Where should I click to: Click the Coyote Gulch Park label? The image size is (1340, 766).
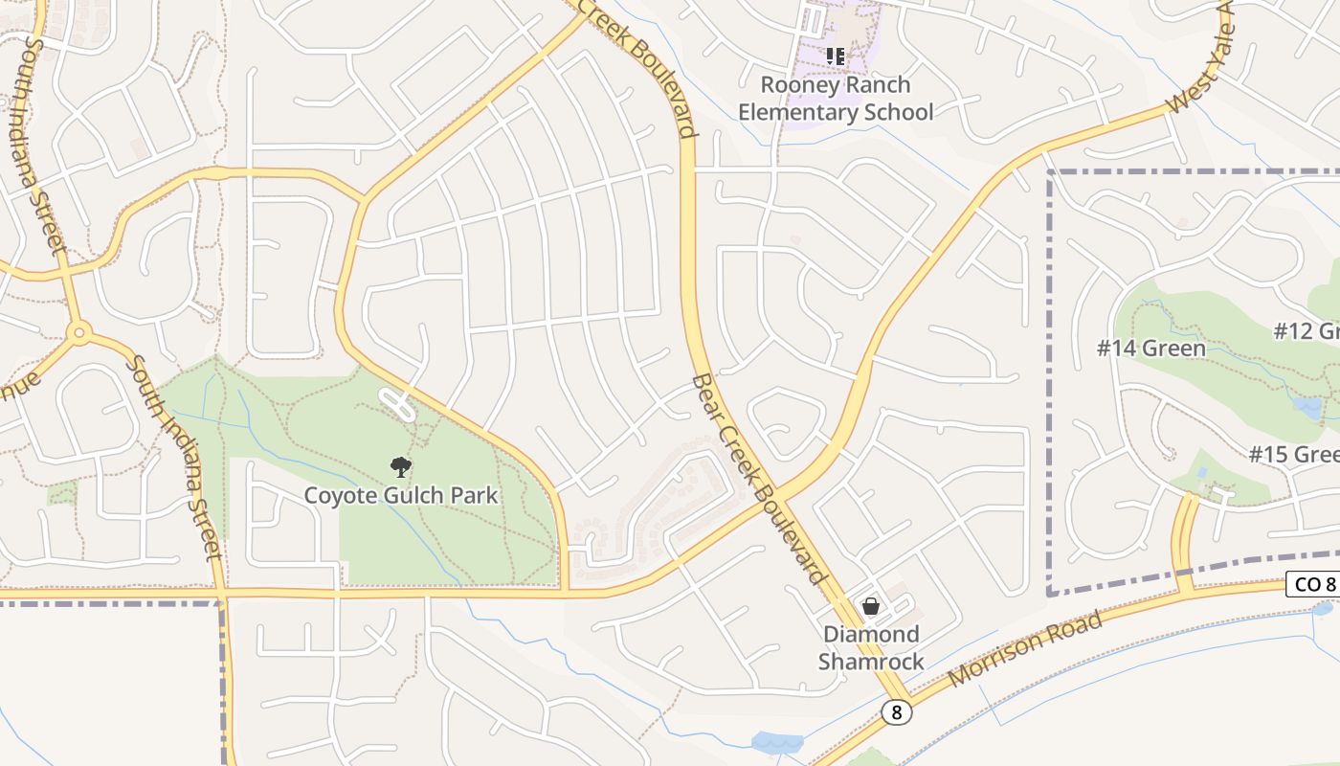click(x=401, y=495)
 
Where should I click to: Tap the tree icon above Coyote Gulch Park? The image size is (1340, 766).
click(x=401, y=467)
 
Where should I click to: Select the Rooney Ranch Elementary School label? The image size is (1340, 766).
click(x=836, y=99)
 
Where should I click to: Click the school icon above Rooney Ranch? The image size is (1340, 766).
click(x=836, y=56)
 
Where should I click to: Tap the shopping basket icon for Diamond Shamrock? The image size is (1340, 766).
click(x=871, y=606)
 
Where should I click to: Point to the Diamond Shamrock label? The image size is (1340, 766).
click(x=871, y=647)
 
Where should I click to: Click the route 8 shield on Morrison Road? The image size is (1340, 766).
click(x=896, y=712)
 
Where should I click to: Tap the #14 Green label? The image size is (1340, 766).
click(x=1151, y=348)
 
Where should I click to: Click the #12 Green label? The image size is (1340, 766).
click(x=1307, y=331)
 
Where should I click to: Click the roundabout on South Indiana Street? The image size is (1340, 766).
click(x=79, y=333)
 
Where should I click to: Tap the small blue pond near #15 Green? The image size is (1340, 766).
click(x=1306, y=408)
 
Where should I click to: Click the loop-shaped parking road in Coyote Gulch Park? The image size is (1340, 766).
click(x=398, y=404)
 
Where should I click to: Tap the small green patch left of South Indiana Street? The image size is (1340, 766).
click(x=62, y=493)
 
